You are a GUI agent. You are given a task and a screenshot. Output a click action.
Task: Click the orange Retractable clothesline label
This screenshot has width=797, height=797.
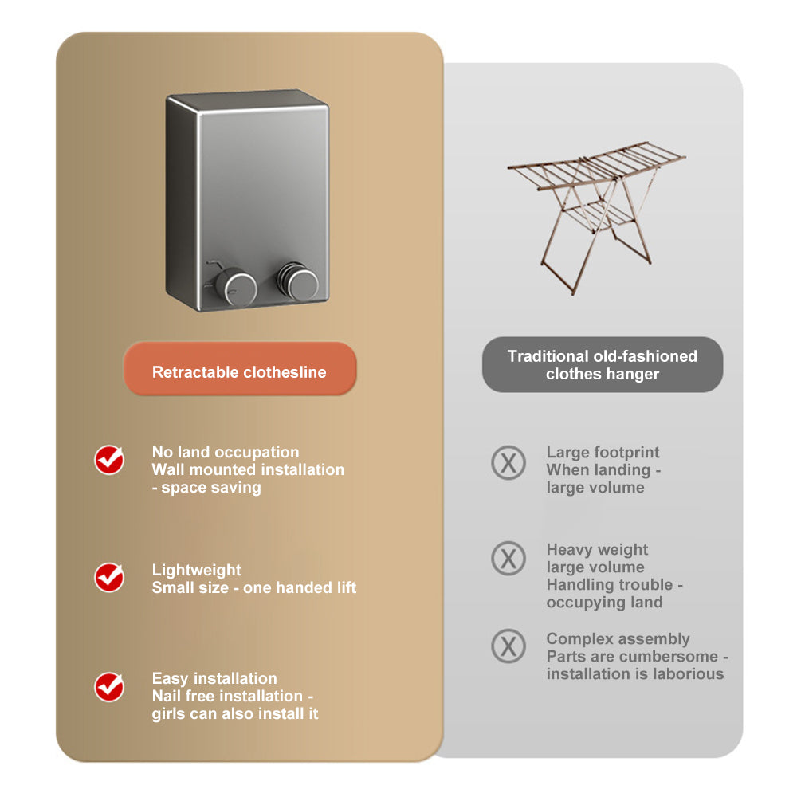tap(239, 371)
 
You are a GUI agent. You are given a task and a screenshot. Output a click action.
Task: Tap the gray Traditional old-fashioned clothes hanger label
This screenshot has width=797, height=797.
tap(603, 365)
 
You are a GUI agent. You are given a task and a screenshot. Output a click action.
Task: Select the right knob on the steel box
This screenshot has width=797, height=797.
tap(299, 283)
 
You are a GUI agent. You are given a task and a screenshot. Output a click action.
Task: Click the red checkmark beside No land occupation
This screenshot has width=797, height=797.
tap(109, 460)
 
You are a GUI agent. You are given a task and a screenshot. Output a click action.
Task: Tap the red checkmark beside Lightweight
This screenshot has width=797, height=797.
tap(109, 577)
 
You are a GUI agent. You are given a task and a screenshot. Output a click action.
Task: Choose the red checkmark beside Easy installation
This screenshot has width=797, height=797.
tap(109, 686)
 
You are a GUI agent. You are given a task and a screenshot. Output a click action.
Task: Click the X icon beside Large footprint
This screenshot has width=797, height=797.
tap(508, 462)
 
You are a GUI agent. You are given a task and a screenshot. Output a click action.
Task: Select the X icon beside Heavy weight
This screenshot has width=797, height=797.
tap(508, 558)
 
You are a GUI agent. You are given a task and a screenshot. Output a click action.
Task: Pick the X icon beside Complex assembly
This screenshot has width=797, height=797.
tap(508, 646)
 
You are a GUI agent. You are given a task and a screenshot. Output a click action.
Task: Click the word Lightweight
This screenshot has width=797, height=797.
tap(196, 570)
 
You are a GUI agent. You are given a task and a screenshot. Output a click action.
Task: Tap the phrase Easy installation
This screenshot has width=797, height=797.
tap(214, 678)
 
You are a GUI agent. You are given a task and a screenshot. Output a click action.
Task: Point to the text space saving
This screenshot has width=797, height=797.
tap(211, 487)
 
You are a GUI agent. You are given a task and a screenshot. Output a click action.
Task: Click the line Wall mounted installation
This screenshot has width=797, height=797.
tap(248, 469)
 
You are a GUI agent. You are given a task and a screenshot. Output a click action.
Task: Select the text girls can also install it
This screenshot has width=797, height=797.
tap(235, 713)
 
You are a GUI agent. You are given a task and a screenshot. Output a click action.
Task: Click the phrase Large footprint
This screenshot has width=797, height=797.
tap(603, 453)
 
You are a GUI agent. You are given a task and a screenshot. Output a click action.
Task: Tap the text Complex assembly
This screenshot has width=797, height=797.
tap(618, 638)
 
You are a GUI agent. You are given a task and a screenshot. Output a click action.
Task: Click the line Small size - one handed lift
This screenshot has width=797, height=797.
tap(253, 587)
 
